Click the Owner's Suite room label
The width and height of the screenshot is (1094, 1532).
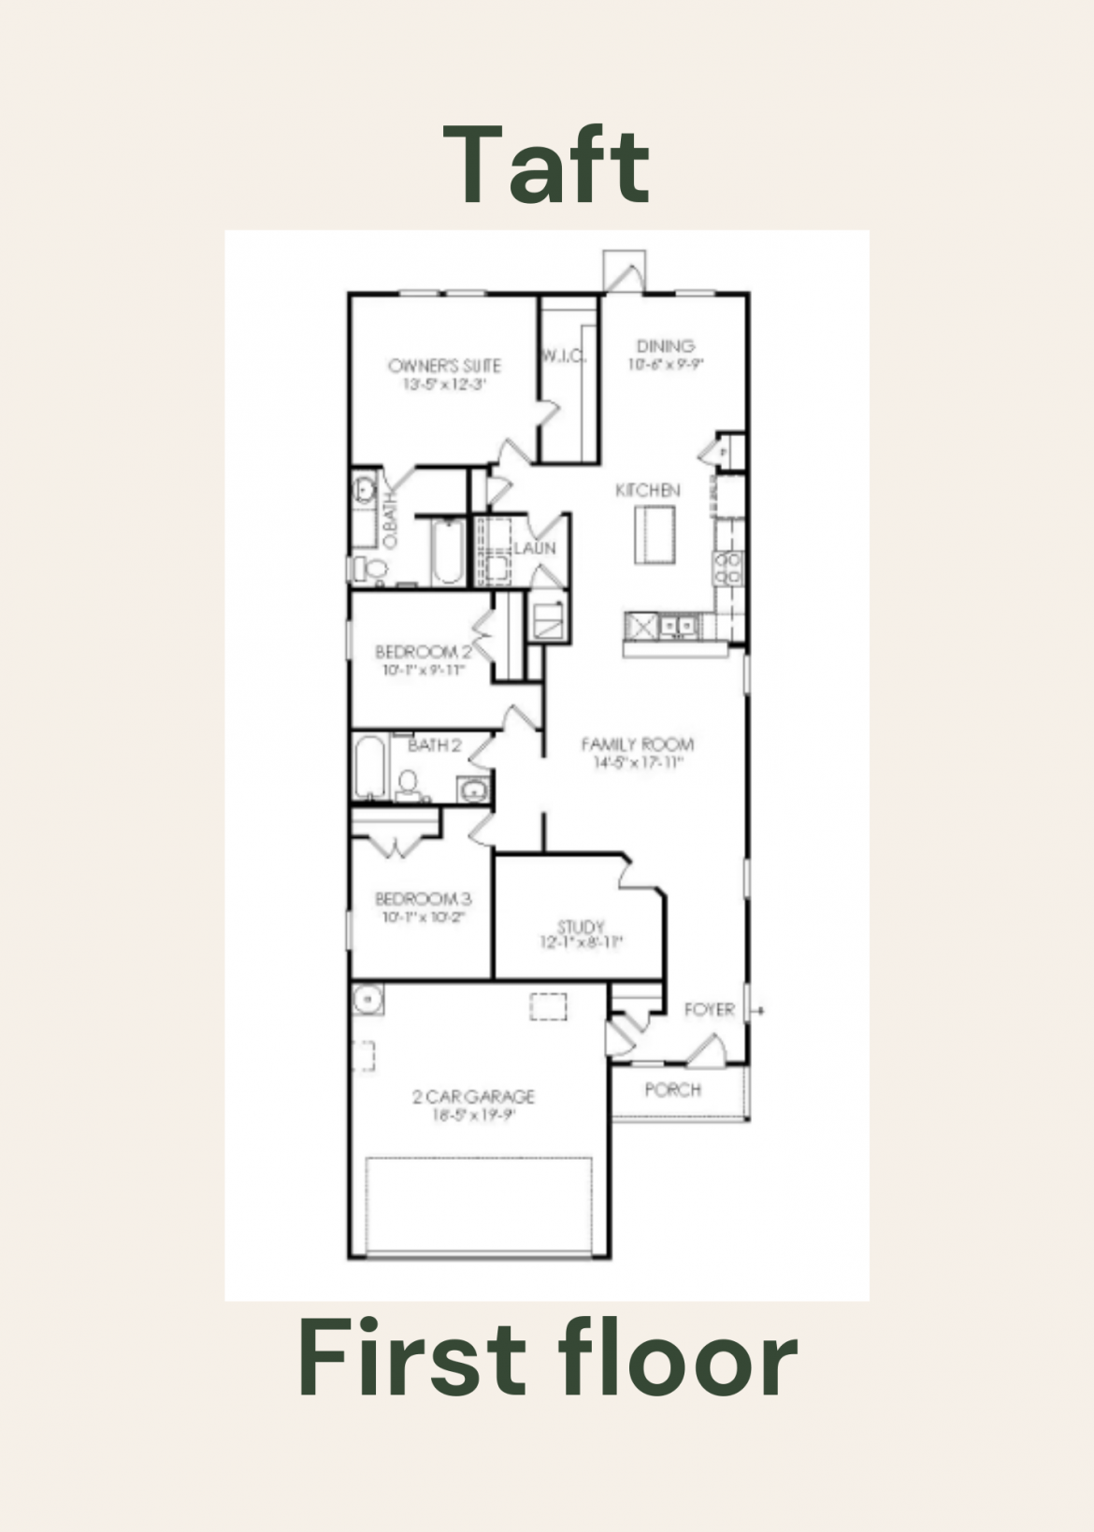tap(444, 366)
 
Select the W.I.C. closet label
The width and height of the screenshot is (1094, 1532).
tap(564, 356)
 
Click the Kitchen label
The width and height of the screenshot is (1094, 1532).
tap(647, 490)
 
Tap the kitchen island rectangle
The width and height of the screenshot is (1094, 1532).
tap(655, 534)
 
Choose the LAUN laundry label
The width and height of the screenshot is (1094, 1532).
tap(534, 548)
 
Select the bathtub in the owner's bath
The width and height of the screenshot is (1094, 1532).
tap(447, 552)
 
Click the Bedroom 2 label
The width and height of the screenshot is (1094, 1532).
tap(423, 652)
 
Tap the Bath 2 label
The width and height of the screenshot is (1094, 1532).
tap(434, 745)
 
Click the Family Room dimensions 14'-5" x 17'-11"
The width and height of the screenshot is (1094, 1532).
tap(638, 763)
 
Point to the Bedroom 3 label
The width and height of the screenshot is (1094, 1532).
tap(423, 899)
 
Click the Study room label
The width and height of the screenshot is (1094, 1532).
tap(581, 927)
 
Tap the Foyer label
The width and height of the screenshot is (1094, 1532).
tap(709, 1010)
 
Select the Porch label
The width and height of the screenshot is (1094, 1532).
tap(672, 1090)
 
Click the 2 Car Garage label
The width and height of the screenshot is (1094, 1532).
tap(473, 1096)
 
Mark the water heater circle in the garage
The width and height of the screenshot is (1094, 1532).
tap(368, 1000)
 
